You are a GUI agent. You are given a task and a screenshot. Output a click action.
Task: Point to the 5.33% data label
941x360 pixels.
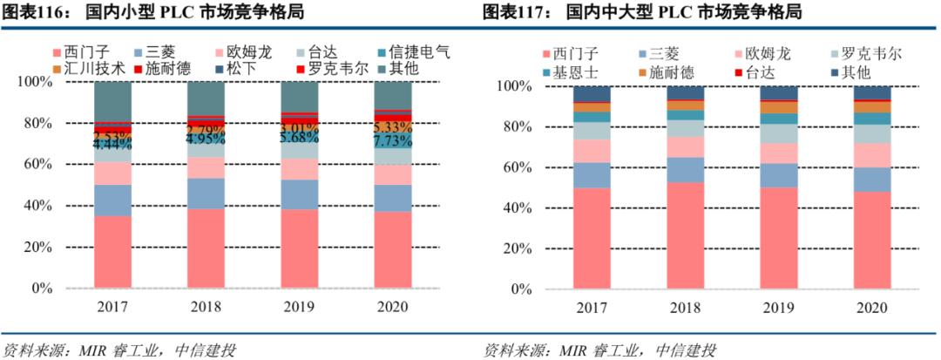[392, 128]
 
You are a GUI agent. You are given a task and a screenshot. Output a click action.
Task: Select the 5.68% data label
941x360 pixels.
[299, 138]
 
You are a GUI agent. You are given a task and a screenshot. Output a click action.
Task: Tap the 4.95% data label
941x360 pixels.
[206, 139]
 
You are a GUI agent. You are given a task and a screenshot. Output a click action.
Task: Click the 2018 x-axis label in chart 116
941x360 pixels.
[206, 307]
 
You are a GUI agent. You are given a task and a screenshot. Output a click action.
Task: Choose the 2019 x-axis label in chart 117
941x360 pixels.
[777, 307]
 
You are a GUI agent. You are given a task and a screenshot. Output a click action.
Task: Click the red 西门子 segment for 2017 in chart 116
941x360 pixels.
[112, 251]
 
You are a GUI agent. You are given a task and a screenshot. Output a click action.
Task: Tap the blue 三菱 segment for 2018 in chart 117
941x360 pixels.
[685, 170]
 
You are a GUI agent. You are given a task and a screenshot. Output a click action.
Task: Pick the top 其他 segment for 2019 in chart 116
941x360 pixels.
[299, 96]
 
